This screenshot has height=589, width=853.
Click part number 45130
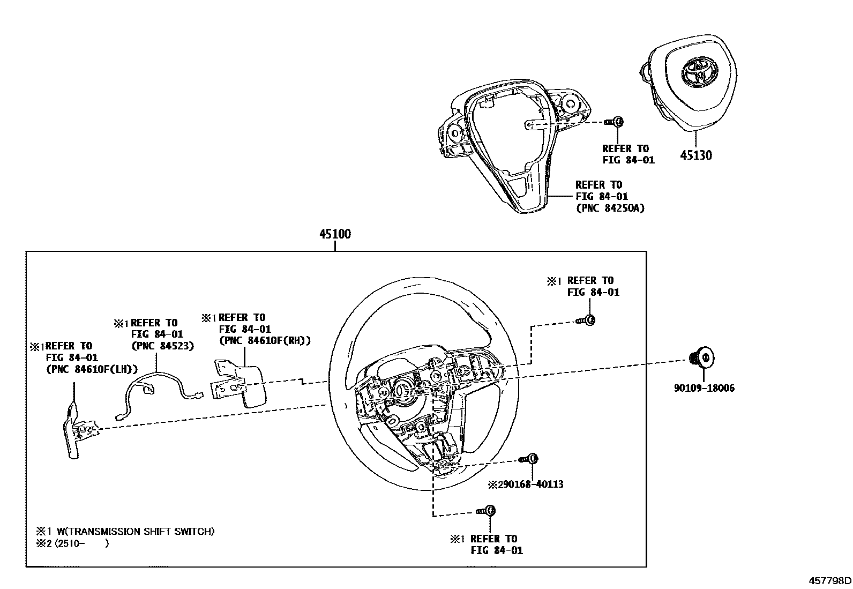(696, 155)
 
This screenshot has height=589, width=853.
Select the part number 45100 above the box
(335, 234)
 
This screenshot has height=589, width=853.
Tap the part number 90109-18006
(705, 388)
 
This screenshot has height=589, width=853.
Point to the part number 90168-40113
(530, 484)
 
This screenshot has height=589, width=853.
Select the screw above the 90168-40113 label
(528, 459)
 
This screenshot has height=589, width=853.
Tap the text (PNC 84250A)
(610, 208)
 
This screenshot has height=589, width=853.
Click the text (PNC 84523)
(163, 346)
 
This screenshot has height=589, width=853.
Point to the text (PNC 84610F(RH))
(265, 340)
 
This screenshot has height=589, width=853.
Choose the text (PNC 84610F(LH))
(92, 369)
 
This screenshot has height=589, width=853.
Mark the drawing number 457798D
(829, 580)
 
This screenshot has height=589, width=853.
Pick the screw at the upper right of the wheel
(587, 320)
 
